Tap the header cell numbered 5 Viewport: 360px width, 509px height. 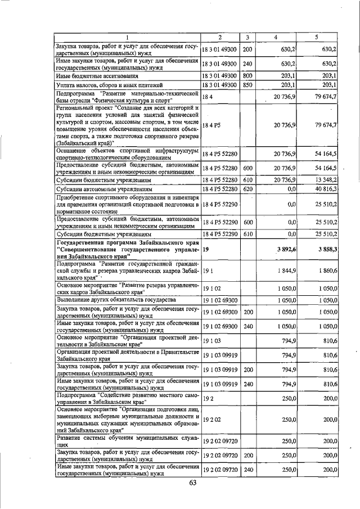pyautogui.click(x=316, y=37)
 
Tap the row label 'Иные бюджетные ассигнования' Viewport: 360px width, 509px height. pyautogui.click(x=89, y=75)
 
